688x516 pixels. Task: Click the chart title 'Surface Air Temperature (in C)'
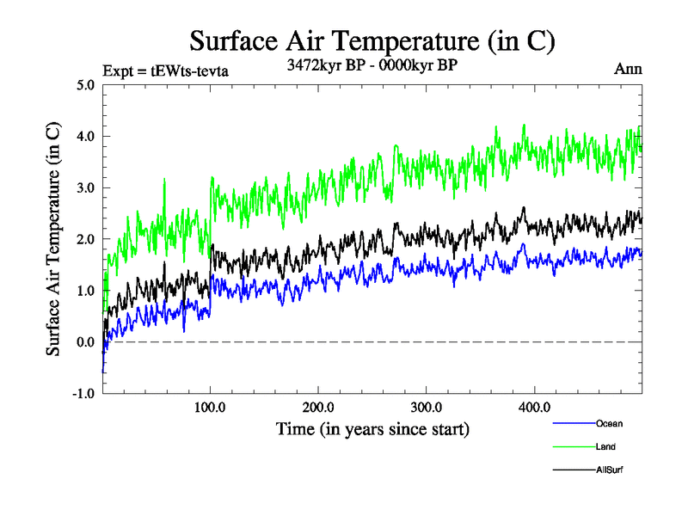(x=372, y=40)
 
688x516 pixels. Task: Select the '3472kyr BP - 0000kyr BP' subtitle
(x=372, y=65)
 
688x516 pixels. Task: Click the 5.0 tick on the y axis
(x=85, y=85)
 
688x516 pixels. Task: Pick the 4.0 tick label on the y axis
(x=85, y=137)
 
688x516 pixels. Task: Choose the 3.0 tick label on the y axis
(x=85, y=188)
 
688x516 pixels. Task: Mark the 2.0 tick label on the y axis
(x=85, y=239)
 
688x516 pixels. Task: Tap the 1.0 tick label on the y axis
(x=85, y=291)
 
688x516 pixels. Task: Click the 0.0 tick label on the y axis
(x=85, y=342)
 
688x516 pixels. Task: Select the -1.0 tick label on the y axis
(x=83, y=394)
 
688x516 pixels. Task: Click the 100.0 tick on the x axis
(x=211, y=407)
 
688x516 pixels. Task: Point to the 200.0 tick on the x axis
(x=318, y=407)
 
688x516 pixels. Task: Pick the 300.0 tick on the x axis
(x=427, y=407)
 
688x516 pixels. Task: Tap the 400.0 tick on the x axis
(x=534, y=407)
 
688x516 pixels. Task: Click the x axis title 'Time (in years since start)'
(x=372, y=427)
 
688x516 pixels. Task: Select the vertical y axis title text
(x=53, y=239)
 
